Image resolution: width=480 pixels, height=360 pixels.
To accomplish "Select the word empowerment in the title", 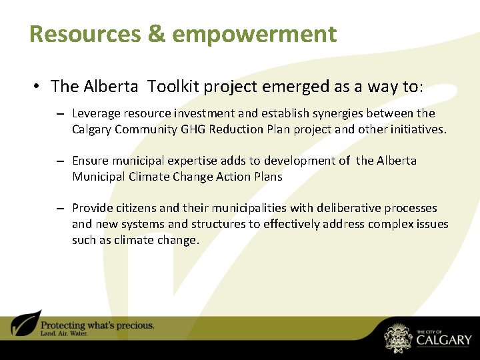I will click(254, 33).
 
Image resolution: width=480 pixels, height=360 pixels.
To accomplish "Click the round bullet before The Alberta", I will click(37, 86).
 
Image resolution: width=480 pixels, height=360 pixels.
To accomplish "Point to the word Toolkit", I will click(175, 86).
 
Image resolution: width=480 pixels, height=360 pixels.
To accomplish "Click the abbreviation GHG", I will click(194, 129).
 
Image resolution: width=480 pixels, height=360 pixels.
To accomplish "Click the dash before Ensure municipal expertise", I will click(60, 161).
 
